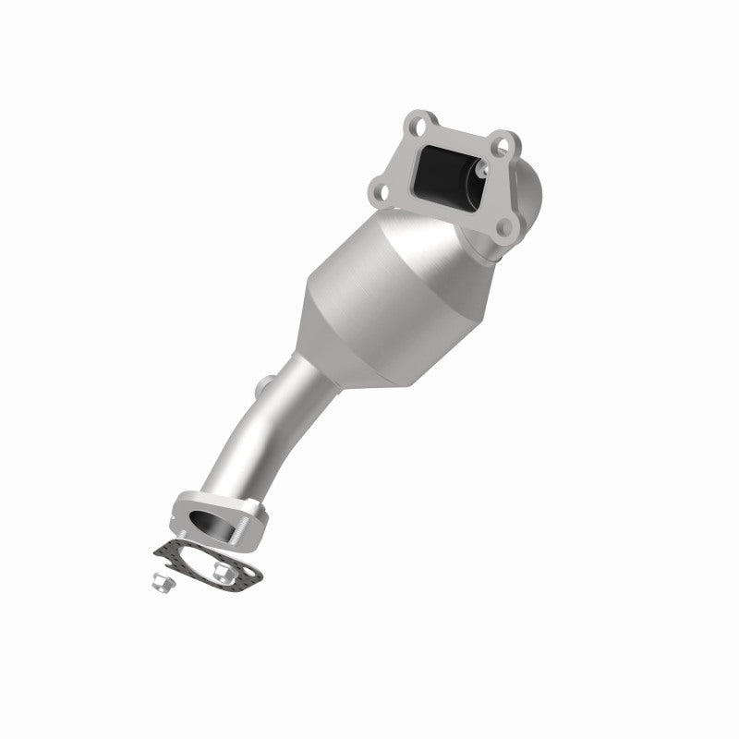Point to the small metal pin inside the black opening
tap(481, 172)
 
